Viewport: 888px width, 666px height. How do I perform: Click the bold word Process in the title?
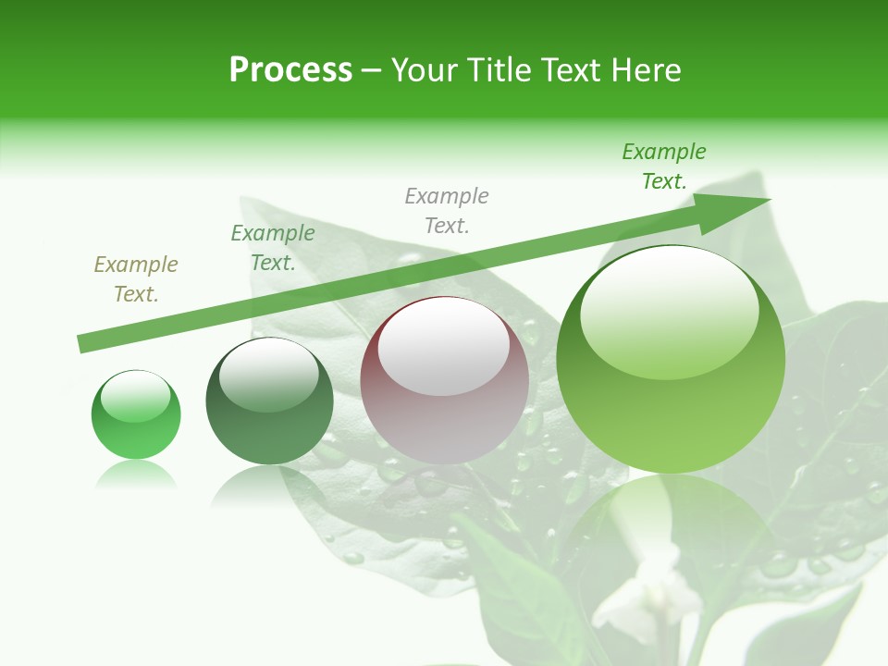coord(290,70)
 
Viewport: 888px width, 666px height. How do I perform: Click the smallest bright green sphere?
coord(136,415)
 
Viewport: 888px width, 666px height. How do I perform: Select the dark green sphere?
coord(269,401)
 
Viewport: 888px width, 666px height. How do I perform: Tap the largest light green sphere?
coord(671,361)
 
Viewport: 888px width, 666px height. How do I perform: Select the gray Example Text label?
coord(447,211)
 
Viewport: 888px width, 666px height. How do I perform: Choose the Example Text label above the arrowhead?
coord(664,166)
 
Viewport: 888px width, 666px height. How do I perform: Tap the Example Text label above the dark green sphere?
coord(273,248)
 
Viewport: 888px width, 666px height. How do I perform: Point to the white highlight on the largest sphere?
coord(670,310)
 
